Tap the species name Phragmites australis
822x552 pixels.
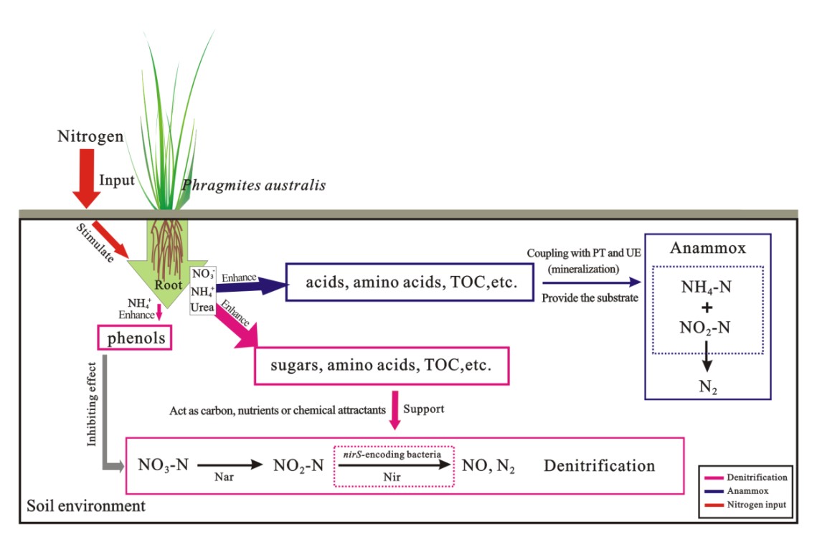[254, 186]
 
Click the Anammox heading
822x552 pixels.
[708, 248]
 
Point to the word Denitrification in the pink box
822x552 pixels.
[599, 466]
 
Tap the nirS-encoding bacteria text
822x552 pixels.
[394, 454]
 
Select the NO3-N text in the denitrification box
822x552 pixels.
[163, 466]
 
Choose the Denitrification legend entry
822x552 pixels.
[757, 477]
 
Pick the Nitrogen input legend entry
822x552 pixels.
[757, 505]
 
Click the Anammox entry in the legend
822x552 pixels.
[747, 491]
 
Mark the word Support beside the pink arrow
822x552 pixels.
[424, 409]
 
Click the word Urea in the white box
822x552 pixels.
[202, 306]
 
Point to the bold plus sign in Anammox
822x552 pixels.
[707, 308]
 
